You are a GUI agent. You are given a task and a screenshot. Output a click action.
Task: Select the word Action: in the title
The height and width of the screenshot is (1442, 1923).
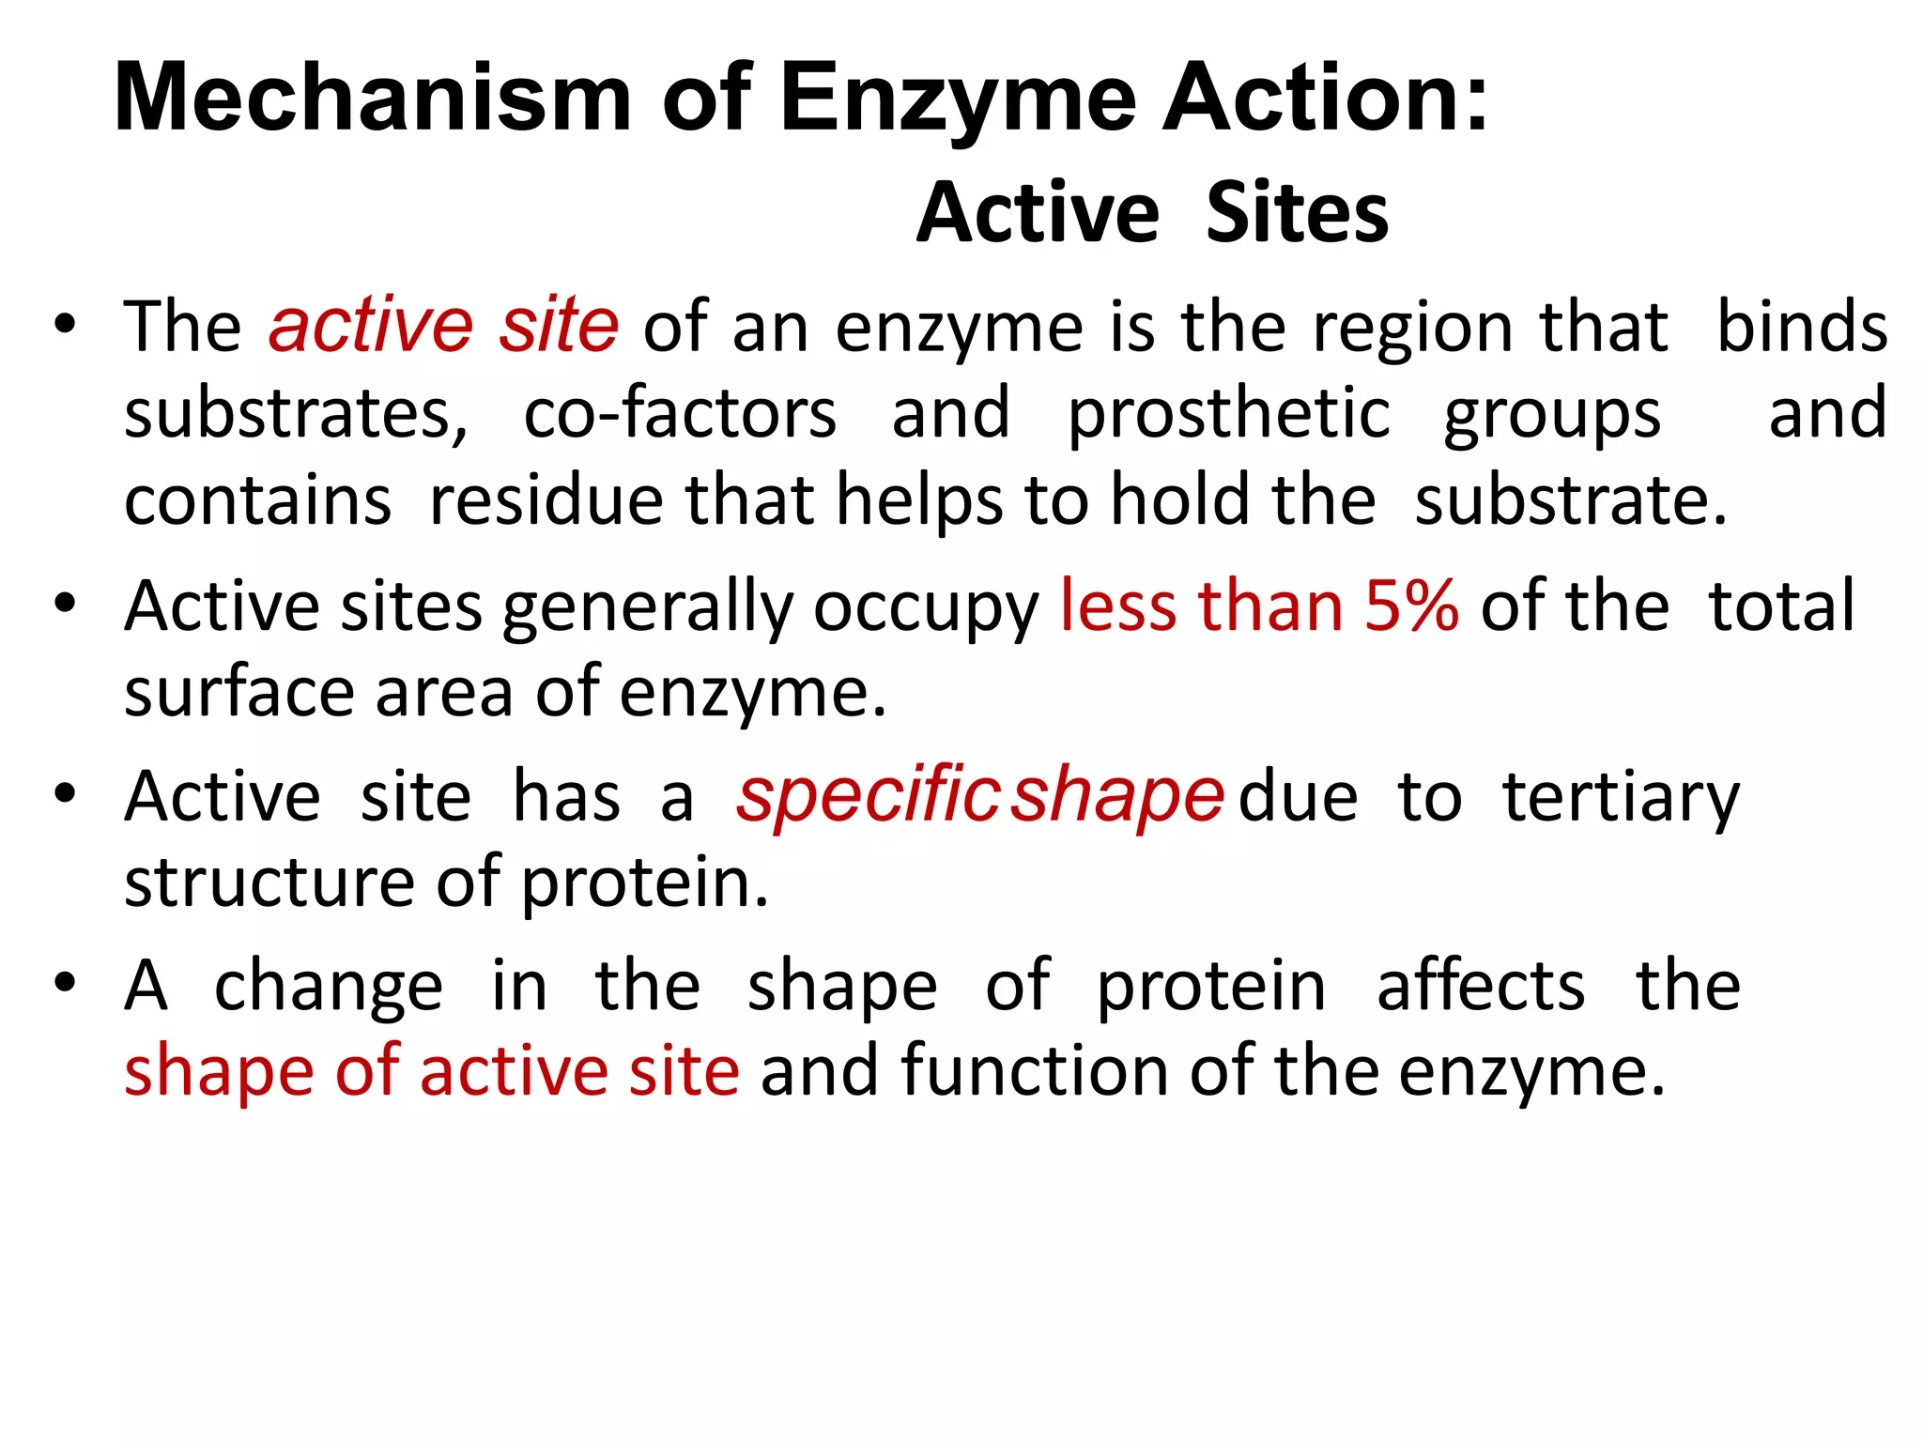[1325, 98]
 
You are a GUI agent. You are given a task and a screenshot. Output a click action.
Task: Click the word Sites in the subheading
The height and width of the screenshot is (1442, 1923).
[1297, 213]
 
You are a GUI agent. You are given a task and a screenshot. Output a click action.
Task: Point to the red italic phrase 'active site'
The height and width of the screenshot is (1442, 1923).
[443, 326]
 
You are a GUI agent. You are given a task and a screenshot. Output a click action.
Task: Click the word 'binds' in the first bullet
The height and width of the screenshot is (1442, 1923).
[1802, 326]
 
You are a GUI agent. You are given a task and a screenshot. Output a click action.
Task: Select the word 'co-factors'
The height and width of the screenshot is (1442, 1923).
[680, 413]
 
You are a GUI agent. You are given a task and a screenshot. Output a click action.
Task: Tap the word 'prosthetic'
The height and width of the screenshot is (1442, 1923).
[1229, 413]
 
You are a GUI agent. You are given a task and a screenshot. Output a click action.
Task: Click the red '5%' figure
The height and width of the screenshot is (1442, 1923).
[1411, 606]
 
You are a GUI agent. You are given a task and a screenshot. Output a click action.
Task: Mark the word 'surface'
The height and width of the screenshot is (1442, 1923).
[239, 692]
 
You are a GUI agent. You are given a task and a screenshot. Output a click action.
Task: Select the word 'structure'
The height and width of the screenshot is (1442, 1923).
[269, 882]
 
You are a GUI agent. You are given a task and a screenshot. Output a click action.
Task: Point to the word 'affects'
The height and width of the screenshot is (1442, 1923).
[1481, 985]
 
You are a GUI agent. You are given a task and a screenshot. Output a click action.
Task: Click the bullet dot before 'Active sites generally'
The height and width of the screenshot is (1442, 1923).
[65, 604]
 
